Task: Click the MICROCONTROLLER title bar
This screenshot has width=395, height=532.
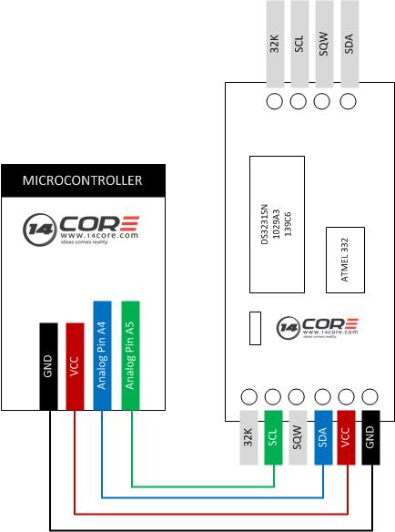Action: click(84, 180)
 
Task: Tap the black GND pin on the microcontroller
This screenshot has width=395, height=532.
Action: click(48, 366)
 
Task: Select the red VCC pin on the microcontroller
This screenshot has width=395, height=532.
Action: click(75, 366)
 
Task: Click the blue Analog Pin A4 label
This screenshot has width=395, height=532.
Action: click(102, 355)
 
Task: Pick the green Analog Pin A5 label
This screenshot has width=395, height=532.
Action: click(130, 355)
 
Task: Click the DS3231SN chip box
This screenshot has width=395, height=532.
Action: click(277, 224)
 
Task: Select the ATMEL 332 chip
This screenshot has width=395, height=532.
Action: click(345, 260)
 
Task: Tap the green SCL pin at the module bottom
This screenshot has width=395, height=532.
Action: click(273, 437)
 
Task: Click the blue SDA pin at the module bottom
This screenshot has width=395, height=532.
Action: click(323, 437)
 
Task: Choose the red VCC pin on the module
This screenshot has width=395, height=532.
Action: click(346, 437)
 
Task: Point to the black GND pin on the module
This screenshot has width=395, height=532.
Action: click(370, 437)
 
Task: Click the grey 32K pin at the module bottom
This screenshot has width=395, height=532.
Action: click(248, 437)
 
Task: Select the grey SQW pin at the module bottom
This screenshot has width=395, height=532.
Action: click(298, 437)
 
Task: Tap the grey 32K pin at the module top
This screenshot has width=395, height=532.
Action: click(275, 44)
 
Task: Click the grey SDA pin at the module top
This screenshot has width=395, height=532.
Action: click(349, 44)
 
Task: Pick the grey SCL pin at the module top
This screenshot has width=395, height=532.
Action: click(299, 44)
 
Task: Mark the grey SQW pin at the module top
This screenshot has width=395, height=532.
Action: click(324, 44)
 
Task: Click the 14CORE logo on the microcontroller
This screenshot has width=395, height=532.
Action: click(81, 230)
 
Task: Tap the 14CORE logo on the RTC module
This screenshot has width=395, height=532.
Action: click(318, 328)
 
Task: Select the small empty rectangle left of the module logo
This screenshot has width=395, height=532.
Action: click(256, 328)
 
